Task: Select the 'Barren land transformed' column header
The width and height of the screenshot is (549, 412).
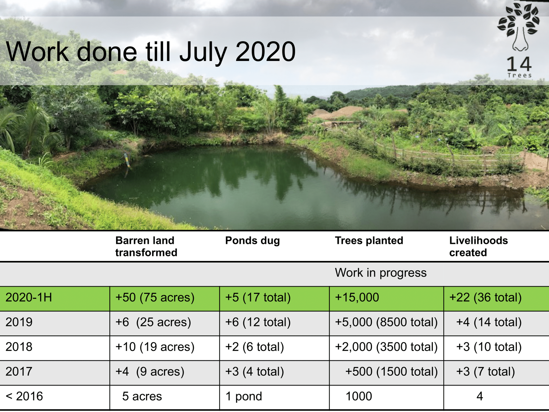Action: coord(146,246)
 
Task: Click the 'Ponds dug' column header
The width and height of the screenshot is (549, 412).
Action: coord(252,241)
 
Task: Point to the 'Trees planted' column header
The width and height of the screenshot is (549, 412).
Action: coord(369,241)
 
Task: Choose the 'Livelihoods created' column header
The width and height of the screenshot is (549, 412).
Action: coord(478,246)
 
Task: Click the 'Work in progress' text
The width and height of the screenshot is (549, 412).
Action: coord(381,273)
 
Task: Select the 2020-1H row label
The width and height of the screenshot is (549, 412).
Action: coord(29,298)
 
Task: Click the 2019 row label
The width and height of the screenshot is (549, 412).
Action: coord(19,322)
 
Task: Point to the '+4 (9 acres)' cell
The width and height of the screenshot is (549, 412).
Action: coord(150,372)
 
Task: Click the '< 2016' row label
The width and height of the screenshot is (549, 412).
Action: coord(24,396)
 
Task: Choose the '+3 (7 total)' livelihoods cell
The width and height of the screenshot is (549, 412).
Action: coord(485,372)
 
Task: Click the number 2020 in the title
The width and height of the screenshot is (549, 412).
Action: coord(265,52)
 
